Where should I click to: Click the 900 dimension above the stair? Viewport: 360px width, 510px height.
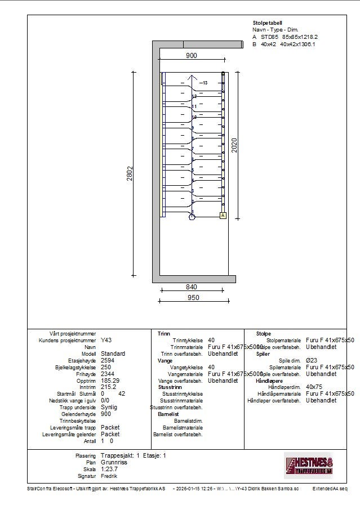(x=192, y=55)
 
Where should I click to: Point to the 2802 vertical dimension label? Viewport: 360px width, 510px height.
(x=130, y=174)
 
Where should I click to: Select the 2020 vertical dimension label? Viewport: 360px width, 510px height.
(x=234, y=145)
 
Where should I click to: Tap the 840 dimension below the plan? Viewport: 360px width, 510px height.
(x=192, y=287)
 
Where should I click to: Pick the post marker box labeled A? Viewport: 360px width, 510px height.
(x=223, y=216)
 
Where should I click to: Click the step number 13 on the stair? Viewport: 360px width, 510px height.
(x=205, y=83)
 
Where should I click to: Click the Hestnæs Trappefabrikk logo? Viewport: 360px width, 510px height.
(x=309, y=464)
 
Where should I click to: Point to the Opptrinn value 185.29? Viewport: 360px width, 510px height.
(x=110, y=381)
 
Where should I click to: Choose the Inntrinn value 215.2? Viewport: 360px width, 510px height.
(x=109, y=387)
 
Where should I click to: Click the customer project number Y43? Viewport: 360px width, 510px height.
(x=106, y=341)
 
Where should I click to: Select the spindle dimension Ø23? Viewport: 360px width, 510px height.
(x=311, y=360)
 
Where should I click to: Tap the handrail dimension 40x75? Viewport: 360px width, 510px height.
(x=314, y=387)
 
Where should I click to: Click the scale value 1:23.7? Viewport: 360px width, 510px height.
(x=110, y=468)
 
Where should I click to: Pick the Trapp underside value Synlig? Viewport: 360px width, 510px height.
(x=109, y=407)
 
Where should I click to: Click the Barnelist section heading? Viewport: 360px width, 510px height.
(x=168, y=414)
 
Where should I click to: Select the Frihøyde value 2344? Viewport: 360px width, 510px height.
(x=108, y=374)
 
